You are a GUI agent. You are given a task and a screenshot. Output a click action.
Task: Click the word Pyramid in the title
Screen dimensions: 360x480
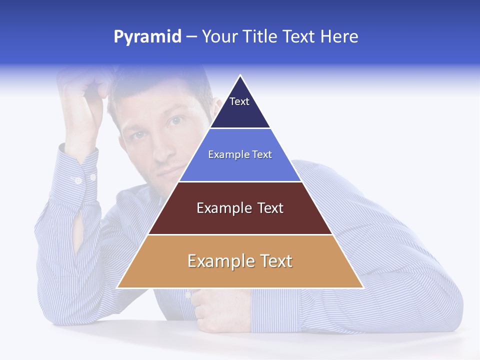pos(147,37)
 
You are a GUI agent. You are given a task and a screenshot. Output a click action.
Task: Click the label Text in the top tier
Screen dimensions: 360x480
pos(239,101)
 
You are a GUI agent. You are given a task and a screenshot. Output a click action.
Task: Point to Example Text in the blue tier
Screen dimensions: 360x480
pos(240,154)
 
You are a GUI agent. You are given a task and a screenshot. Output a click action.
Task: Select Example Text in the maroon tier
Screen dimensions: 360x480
pos(240,208)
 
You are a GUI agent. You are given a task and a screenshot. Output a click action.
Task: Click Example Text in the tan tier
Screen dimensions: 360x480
pos(240,261)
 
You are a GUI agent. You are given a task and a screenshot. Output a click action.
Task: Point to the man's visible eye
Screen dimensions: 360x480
pos(174,121)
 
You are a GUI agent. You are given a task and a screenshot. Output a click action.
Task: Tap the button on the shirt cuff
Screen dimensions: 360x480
pos(77,180)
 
